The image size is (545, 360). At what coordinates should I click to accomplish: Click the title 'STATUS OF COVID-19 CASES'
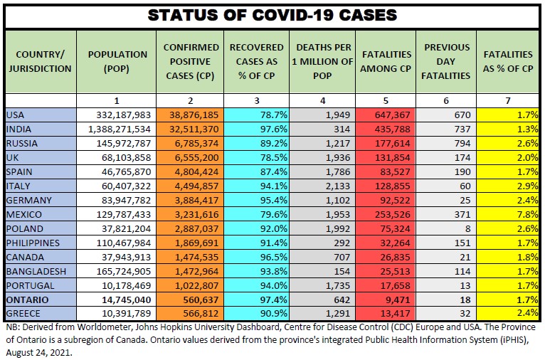(x=272, y=15)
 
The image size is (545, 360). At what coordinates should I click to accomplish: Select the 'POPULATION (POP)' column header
(x=117, y=61)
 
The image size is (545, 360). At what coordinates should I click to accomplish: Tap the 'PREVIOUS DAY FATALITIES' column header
(x=447, y=61)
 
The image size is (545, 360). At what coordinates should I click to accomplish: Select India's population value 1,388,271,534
(x=117, y=129)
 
